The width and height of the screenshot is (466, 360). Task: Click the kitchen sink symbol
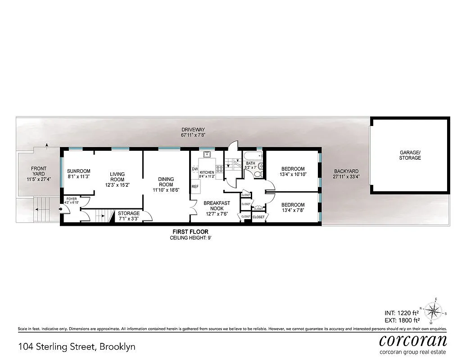point(207,156)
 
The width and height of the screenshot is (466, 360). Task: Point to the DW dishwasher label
point(195,169)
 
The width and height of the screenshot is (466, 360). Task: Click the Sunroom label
point(79,171)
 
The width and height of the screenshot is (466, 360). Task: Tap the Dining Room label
point(166,182)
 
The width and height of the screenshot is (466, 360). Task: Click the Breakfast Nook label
point(217,206)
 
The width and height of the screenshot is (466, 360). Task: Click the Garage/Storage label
point(410,155)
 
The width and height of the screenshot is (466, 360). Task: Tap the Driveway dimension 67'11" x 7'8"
point(193,135)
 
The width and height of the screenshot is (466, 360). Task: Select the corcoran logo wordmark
point(412,340)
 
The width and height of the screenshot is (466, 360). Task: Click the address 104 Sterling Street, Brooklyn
point(77,347)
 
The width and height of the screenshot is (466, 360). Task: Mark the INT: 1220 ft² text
point(402,312)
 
